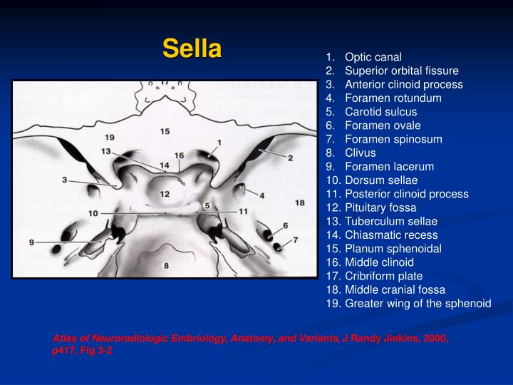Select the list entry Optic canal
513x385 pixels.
pyautogui.click(x=373, y=57)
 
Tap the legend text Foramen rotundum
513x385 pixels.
pyautogui.click(x=393, y=98)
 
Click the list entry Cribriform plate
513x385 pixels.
pyautogui.click(x=383, y=276)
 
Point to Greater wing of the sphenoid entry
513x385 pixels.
pyautogui.click(x=418, y=303)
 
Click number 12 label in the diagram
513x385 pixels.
pyautogui.click(x=165, y=194)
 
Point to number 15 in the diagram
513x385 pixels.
pyautogui.click(x=165, y=131)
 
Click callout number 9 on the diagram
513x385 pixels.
pyautogui.click(x=31, y=242)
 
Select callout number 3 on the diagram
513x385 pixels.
pyautogui.click(x=64, y=180)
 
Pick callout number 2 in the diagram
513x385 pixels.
pyautogui.click(x=290, y=158)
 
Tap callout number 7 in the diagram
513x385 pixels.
pyautogui.click(x=294, y=240)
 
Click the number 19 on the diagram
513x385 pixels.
pyautogui.click(x=109, y=136)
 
